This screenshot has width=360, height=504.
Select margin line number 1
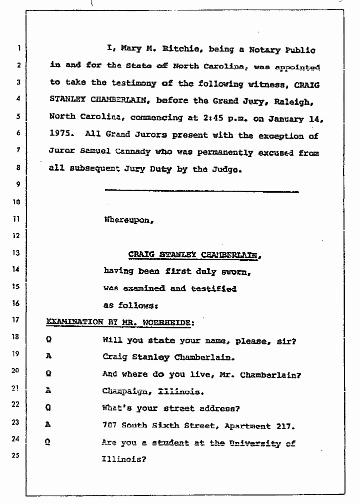coord(18,49)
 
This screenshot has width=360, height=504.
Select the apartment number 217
coord(285,426)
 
